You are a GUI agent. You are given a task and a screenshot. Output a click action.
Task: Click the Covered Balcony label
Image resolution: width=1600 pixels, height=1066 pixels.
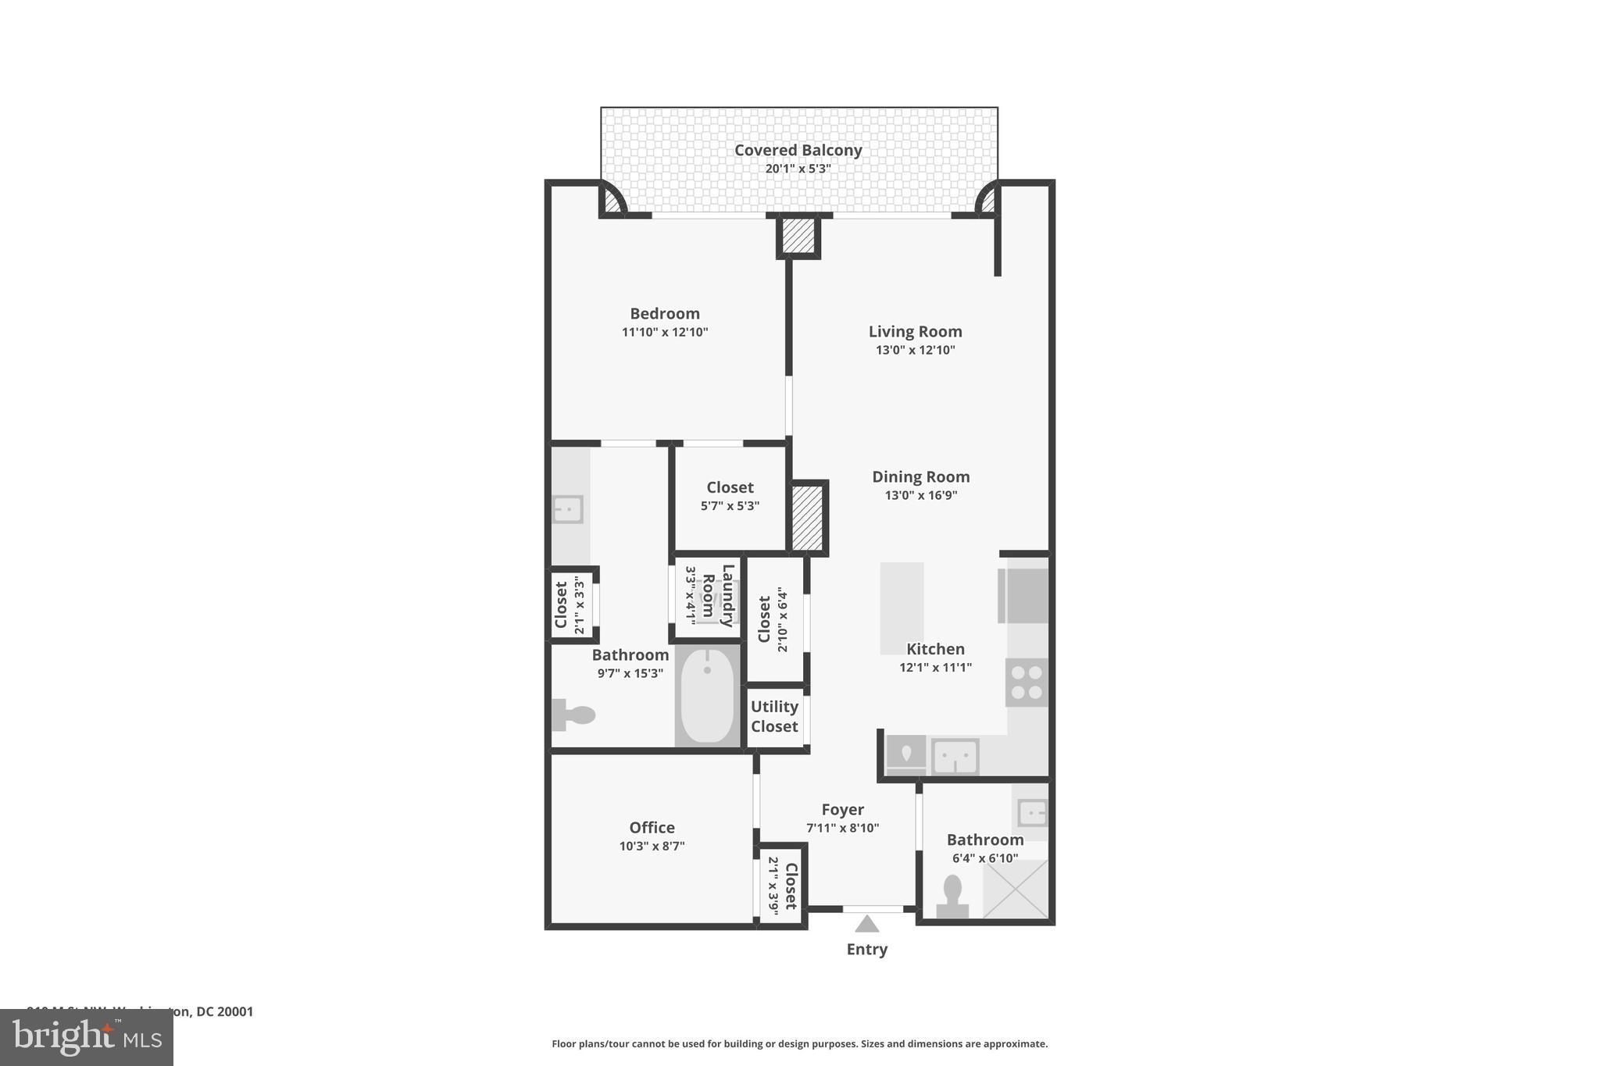click(798, 150)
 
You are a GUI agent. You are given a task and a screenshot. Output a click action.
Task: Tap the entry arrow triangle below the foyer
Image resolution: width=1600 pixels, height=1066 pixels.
click(866, 925)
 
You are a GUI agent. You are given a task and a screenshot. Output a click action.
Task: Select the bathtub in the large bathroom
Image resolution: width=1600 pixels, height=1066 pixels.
click(707, 695)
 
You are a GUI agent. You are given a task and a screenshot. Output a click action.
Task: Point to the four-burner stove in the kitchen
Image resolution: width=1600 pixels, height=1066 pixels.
click(1026, 683)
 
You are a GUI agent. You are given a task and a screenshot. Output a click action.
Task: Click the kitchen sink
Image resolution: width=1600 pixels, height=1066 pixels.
click(955, 756)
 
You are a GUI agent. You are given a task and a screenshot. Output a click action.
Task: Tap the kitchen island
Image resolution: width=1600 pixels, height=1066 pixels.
click(902, 608)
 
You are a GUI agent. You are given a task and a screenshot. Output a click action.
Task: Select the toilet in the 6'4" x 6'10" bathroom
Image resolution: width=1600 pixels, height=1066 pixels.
click(952, 897)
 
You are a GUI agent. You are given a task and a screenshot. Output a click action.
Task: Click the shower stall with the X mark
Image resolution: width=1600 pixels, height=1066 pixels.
click(1015, 889)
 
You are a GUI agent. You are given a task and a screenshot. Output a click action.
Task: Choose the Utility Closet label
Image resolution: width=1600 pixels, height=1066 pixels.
click(774, 716)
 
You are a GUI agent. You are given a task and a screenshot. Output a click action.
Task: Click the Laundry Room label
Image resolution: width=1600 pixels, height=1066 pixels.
click(718, 596)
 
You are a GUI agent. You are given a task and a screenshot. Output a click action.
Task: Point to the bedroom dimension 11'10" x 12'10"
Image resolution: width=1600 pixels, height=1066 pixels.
click(664, 332)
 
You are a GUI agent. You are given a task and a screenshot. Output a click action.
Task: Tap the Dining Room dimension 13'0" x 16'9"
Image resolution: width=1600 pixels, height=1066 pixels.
click(920, 495)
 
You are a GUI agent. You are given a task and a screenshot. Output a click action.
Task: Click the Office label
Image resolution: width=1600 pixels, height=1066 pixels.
click(652, 827)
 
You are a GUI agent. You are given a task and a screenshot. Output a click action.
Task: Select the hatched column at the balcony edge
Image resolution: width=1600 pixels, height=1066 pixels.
click(798, 236)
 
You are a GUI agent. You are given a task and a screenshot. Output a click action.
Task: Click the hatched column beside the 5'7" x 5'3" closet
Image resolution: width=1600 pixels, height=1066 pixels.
click(807, 517)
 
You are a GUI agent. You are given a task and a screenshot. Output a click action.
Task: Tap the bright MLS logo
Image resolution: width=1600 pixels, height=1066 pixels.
click(87, 1037)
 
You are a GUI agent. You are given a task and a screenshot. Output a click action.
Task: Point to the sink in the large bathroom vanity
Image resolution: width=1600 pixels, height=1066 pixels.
click(568, 509)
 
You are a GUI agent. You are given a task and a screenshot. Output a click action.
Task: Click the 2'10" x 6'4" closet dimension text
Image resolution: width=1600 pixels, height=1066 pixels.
click(782, 619)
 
